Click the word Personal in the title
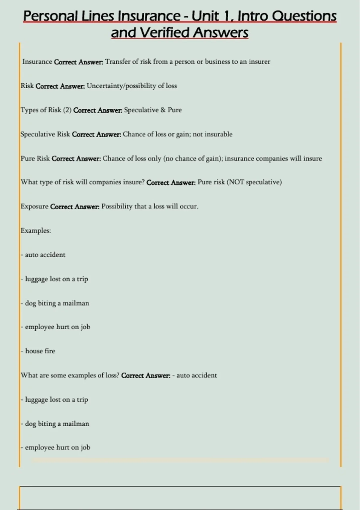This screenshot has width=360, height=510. tap(50, 16)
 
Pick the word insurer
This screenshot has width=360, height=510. tap(259, 62)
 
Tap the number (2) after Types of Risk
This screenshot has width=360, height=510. tap(67, 110)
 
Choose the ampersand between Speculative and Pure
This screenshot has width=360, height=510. tap(163, 110)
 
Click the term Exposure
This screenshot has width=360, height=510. tap(34, 207)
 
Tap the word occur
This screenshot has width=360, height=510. tap(189, 207)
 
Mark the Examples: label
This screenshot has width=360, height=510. tap(36, 231)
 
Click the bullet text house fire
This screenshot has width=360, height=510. tap(40, 351)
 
